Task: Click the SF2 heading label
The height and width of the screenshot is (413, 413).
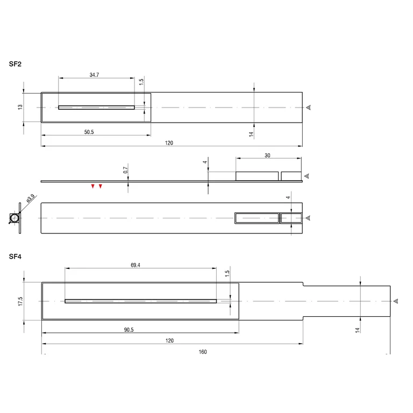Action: pos(15,64)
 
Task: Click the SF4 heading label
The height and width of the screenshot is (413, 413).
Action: pos(15,257)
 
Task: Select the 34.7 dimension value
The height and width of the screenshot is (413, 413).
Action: pos(94,75)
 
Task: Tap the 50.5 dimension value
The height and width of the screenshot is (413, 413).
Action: pos(89,132)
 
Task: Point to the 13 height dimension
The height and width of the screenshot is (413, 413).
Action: pos(20,107)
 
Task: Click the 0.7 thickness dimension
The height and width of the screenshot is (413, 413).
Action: pos(125,170)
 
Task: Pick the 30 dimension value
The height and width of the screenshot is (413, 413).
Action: pos(267,155)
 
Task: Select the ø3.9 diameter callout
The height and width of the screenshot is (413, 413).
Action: pos(31,198)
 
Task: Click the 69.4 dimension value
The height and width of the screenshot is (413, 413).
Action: pos(136,265)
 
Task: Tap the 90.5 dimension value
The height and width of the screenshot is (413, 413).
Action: pos(129,330)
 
